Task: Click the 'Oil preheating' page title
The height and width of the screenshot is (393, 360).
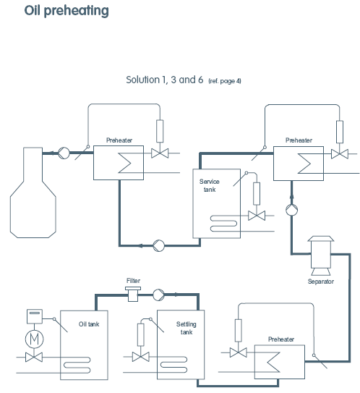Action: pyautogui.click(x=67, y=11)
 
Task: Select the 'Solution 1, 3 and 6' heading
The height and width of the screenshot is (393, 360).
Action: pyautogui.click(x=165, y=80)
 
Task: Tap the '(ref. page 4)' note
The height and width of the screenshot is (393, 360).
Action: pyautogui.click(x=225, y=81)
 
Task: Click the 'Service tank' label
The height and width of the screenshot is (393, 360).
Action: pyautogui.click(x=210, y=185)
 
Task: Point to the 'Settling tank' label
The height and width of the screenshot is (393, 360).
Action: pyautogui.click(x=187, y=328)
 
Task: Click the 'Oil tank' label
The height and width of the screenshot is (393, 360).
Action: pyautogui.click(x=89, y=324)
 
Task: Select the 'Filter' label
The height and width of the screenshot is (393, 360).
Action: pyautogui.click(x=133, y=281)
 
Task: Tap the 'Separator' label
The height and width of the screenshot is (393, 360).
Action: pyautogui.click(x=321, y=282)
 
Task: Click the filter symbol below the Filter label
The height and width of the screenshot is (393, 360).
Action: pyautogui.click(x=133, y=294)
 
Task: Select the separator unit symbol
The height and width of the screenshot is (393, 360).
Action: pyautogui.click(x=321, y=255)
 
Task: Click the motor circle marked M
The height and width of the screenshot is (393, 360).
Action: pyautogui.click(x=34, y=339)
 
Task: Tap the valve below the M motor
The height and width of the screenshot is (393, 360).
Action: pyautogui.click(x=34, y=357)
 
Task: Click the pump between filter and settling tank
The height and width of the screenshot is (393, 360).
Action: pyautogui.click(x=158, y=295)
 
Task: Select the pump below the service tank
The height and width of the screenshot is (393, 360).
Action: pyautogui.click(x=159, y=245)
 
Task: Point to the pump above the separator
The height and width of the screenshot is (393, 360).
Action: pyautogui.click(x=291, y=210)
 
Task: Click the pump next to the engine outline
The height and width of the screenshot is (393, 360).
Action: pyautogui.click(x=64, y=153)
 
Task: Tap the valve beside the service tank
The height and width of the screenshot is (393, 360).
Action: pyautogui.click(x=257, y=216)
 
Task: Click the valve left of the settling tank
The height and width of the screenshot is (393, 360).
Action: pyautogui.click(x=141, y=357)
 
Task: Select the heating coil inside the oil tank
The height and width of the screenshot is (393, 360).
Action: pyautogui.click(x=77, y=365)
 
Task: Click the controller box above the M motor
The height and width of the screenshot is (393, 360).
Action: pyautogui.click(x=35, y=316)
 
